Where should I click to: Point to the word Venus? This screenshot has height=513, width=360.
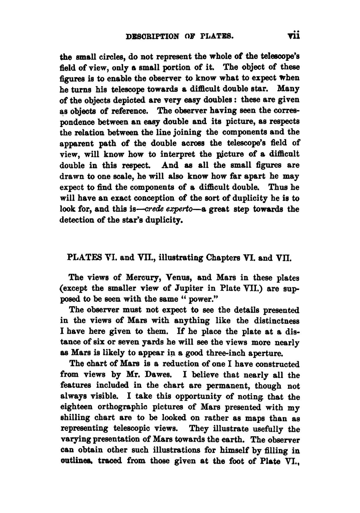[181, 278]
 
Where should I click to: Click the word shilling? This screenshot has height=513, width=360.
[75, 418]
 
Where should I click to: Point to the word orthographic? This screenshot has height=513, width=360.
[135, 407]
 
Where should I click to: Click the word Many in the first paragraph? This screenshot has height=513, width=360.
[289, 89]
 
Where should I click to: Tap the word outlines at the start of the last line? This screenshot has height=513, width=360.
[75, 461]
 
